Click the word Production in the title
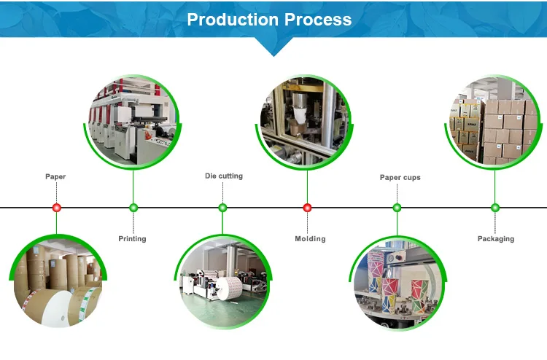[x=233, y=20]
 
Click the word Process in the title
[x=318, y=20]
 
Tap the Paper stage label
[x=55, y=176]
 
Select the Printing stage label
[x=132, y=239]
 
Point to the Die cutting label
[x=224, y=176]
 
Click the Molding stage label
[x=310, y=239]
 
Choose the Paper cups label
[x=400, y=177]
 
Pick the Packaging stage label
[x=496, y=239]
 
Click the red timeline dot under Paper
[x=56, y=208]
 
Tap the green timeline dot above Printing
[x=133, y=208]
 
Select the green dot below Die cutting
[x=222, y=208]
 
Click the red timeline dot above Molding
[x=307, y=208]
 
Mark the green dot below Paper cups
[x=397, y=208]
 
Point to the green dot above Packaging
[x=494, y=208]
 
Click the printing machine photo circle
[x=133, y=122]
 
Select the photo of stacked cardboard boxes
[x=493, y=122]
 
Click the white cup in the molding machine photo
[x=300, y=115]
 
